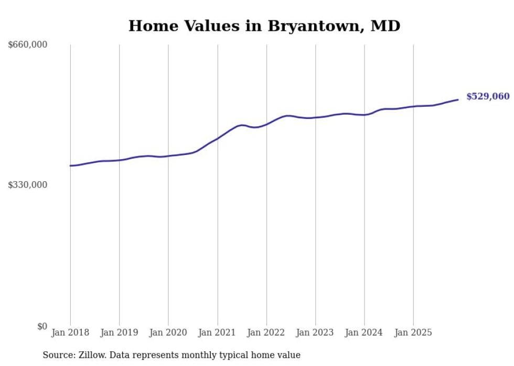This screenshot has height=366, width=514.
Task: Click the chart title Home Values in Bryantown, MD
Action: tap(264, 26)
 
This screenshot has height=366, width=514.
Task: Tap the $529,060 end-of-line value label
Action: tap(487, 96)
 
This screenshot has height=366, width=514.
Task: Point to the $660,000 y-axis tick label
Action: tap(28, 45)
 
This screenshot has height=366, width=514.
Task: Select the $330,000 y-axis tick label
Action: tap(28, 185)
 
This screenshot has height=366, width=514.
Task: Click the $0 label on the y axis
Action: tap(42, 326)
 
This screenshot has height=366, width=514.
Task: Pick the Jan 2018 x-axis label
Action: tap(70, 332)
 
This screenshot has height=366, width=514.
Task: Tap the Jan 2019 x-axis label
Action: tap(119, 332)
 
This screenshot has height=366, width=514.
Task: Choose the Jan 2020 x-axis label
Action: tap(168, 332)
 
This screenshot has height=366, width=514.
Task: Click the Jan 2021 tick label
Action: tap(217, 332)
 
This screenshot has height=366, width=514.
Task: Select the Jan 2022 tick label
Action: tap(266, 332)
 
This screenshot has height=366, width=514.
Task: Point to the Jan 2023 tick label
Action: tap(315, 332)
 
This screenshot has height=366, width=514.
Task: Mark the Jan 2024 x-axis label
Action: tap(365, 332)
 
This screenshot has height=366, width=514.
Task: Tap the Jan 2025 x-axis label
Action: tap(413, 332)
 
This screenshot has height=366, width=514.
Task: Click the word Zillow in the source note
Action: tap(91, 355)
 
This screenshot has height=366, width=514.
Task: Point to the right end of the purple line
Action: tap(458, 99)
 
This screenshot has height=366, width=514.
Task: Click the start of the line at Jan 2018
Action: tap(70, 165)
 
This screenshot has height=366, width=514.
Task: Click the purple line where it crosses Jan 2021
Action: tap(217, 138)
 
